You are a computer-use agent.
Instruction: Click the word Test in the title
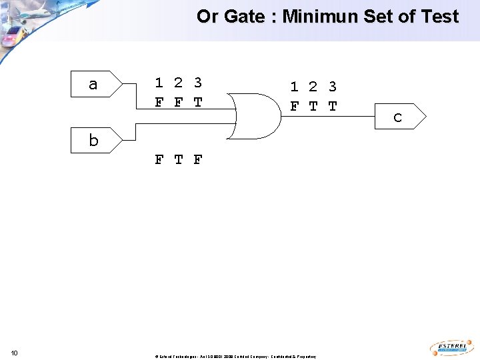tap(439, 17)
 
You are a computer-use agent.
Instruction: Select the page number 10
tap(15, 353)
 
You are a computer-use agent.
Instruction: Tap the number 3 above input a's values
tap(198, 83)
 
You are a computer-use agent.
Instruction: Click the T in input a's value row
tap(198, 103)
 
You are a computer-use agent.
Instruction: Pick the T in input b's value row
tap(179, 159)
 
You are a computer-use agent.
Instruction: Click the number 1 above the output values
tap(294, 87)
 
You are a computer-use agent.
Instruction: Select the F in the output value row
tap(294, 107)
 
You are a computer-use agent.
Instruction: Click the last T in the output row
tap(333, 107)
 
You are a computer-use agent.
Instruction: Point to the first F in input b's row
tap(159, 159)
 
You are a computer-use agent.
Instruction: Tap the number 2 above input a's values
tap(178, 83)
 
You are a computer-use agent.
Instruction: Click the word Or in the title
tap(208, 17)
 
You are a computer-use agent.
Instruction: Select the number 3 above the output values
tap(333, 87)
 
